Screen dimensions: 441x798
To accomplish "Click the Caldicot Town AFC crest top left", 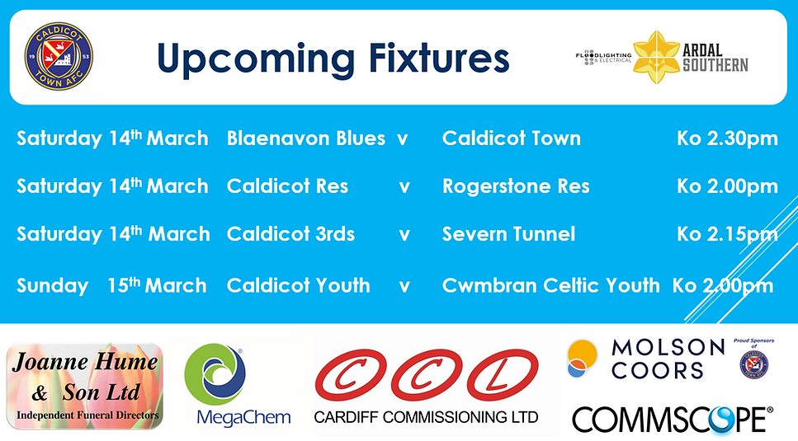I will click(x=58, y=57).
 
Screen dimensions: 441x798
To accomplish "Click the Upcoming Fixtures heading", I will click(x=333, y=59).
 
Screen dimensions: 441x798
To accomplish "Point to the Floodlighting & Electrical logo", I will click(x=603, y=57).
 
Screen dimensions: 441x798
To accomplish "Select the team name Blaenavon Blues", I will click(x=305, y=138).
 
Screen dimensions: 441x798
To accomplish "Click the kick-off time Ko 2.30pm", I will click(x=727, y=138).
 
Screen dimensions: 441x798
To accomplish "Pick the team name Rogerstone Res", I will click(x=516, y=186).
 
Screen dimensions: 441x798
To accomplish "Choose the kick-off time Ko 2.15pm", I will click(x=727, y=234).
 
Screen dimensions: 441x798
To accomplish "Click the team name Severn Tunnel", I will click(x=508, y=234).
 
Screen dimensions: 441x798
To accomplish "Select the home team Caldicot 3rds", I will click(x=290, y=234).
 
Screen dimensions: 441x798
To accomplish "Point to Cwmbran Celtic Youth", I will click(x=550, y=286).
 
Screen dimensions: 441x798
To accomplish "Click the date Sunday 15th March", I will click(x=111, y=286).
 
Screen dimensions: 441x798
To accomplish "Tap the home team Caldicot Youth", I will click(x=298, y=286).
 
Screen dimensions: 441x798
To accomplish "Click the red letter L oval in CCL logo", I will click(x=504, y=376).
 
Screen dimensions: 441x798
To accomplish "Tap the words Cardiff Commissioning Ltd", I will click(x=426, y=416).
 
